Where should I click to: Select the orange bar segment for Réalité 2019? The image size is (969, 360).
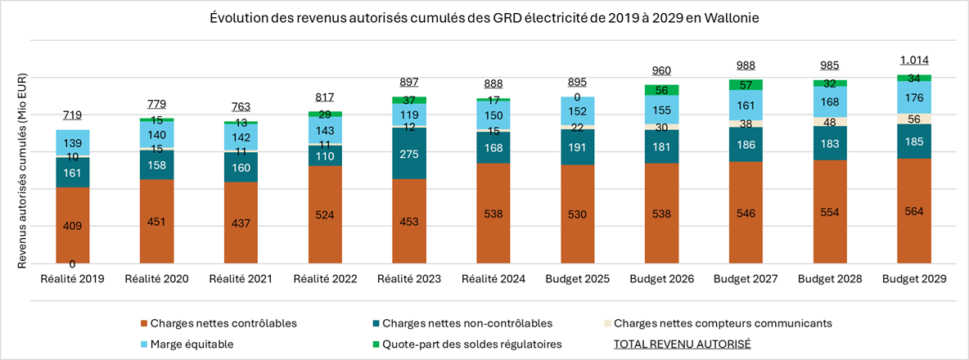pyautogui.click(x=73, y=225)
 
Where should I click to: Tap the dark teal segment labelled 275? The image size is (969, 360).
pyautogui.click(x=410, y=154)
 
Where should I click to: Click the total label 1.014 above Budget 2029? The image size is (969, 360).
pyautogui.click(x=914, y=61)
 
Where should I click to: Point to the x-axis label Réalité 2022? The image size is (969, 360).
pyautogui.click(x=325, y=279)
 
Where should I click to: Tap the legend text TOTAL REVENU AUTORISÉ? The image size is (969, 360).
pyautogui.click(x=682, y=344)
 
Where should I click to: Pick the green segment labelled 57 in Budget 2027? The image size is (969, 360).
pyautogui.click(x=746, y=84)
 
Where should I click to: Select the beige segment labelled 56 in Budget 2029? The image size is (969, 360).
pyautogui.click(x=914, y=119)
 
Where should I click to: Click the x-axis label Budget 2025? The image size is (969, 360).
pyautogui.click(x=578, y=279)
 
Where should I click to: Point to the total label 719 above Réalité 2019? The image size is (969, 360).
pyautogui.click(x=73, y=116)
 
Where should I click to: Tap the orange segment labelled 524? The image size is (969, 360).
pyautogui.click(x=325, y=214)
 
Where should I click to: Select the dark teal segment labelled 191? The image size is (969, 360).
pyautogui.click(x=578, y=146)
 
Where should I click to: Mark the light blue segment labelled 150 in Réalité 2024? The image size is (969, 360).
pyautogui.click(x=494, y=115)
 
